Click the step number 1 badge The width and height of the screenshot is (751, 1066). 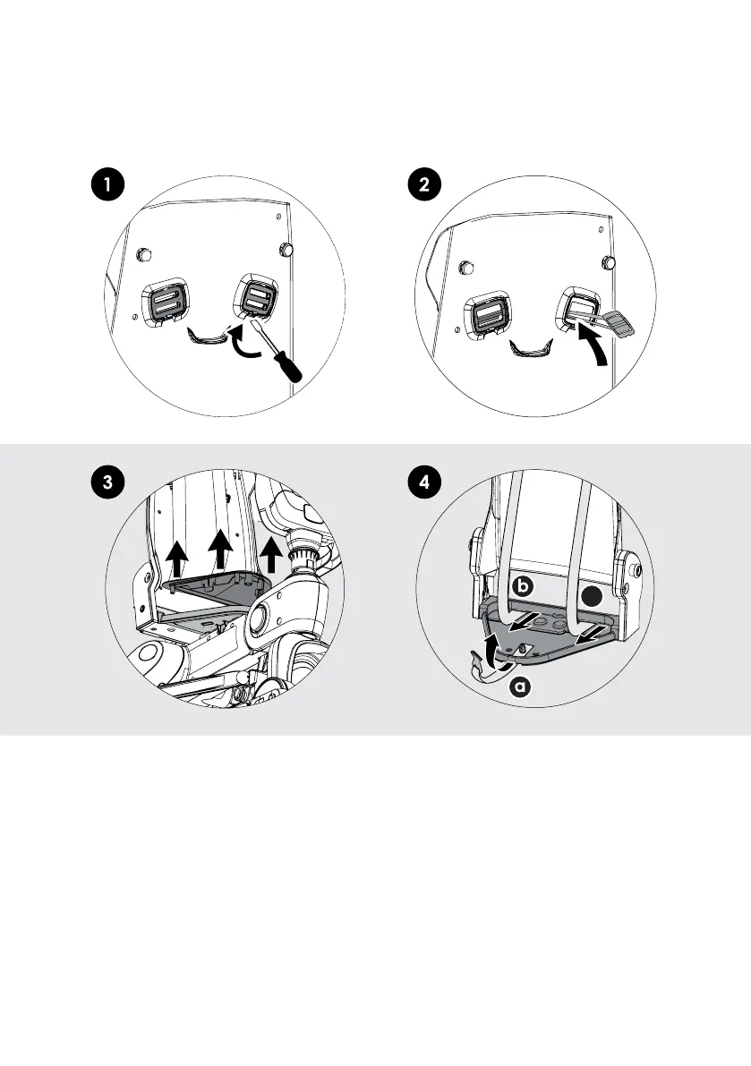[x=107, y=186]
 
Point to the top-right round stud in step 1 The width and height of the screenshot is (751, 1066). [x=287, y=247]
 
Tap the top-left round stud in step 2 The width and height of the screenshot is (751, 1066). [x=465, y=267]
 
